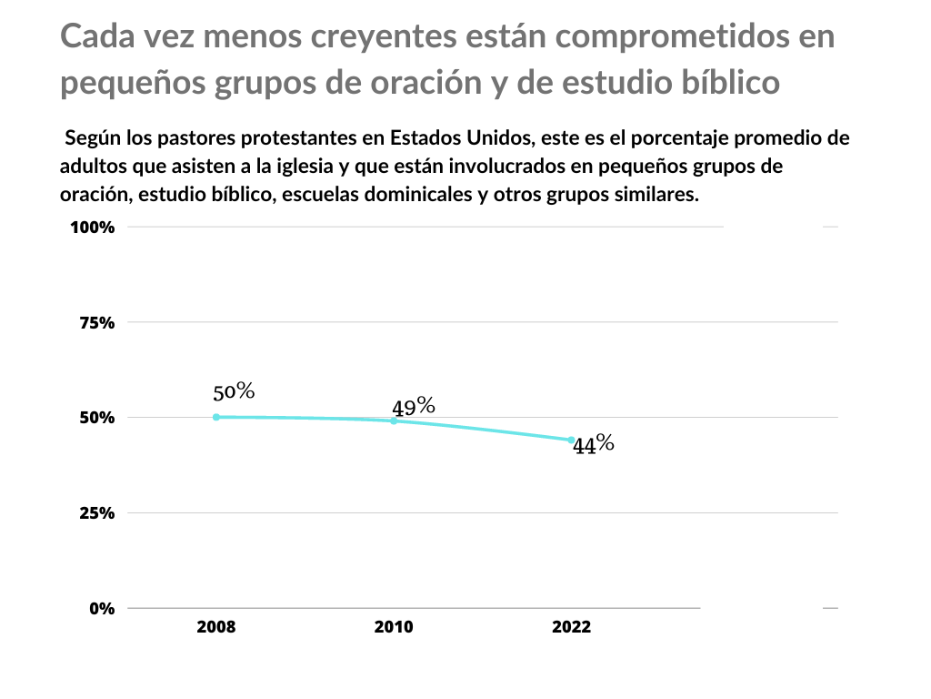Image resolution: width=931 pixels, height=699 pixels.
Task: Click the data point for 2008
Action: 216,417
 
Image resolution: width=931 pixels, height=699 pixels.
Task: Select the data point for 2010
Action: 394,420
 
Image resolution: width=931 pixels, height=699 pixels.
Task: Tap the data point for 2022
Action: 572,440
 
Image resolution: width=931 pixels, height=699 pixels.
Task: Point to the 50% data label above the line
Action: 234,392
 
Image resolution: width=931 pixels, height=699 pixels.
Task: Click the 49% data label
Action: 414,407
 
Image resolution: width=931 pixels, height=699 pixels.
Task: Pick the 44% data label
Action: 594,445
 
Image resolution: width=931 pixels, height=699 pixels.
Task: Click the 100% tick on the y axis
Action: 93,228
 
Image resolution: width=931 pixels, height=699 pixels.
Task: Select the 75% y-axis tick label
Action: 95,322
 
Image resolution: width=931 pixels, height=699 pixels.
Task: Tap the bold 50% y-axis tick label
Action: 95,418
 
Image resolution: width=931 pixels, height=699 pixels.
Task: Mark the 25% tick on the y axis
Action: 95,513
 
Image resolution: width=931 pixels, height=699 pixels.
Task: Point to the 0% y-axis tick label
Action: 102,608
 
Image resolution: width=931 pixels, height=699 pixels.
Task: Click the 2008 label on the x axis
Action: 216,627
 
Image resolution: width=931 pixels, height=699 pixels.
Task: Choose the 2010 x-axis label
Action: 394,627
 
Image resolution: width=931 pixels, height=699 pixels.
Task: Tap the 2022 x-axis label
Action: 572,627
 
